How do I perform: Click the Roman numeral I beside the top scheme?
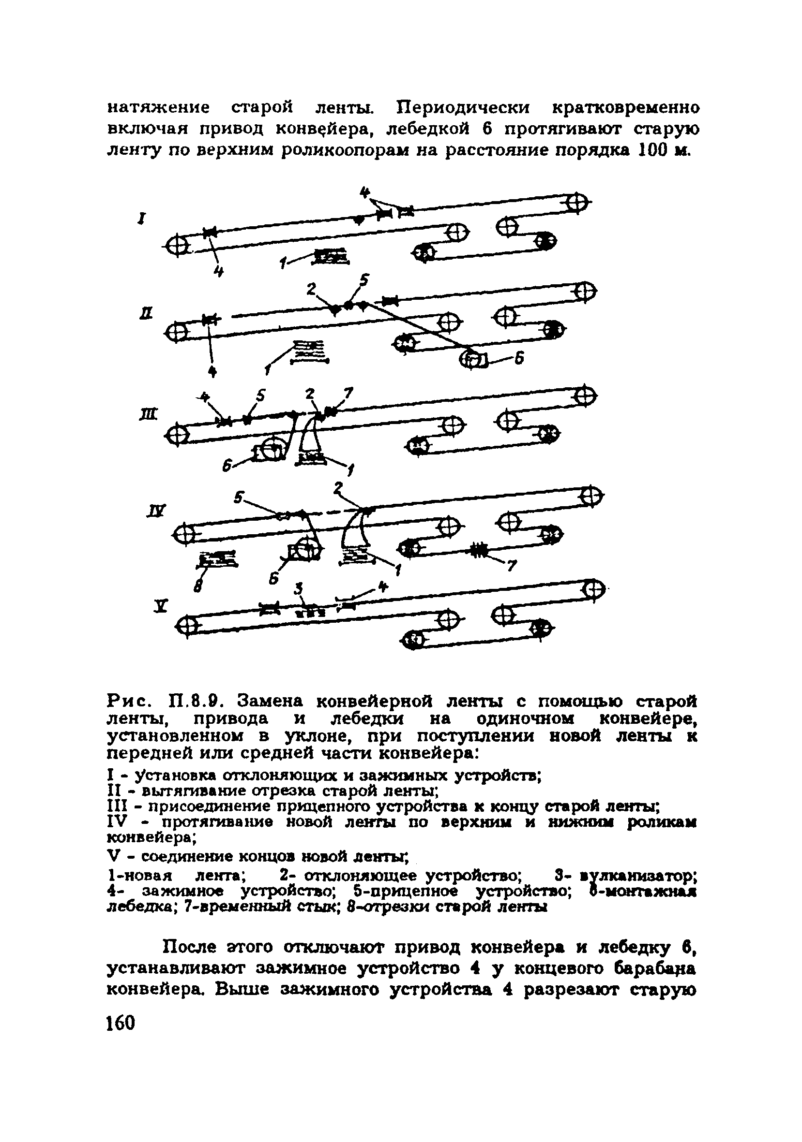(142, 218)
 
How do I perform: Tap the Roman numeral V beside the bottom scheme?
(160, 606)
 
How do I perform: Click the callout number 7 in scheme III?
(348, 394)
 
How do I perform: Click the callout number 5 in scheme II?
(364, 281)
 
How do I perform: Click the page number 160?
(121, 1023)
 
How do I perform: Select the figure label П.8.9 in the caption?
(194, 703)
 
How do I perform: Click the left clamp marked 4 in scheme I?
(209, 232)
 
